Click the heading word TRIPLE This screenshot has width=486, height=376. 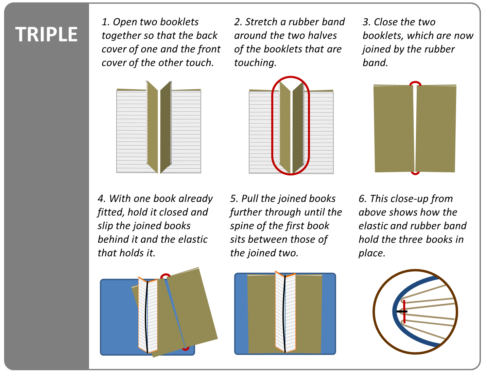pos(46,34)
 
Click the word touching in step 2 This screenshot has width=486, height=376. pos(255,63)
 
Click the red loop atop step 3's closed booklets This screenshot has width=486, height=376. pos(415,83)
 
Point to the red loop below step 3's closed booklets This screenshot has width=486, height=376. pos(415,173)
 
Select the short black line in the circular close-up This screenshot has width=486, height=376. pos(401,311)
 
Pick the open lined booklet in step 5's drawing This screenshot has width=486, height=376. pos(285,313)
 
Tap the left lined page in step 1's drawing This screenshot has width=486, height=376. pos(131,133)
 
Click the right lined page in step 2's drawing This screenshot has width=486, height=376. pos(321,133)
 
